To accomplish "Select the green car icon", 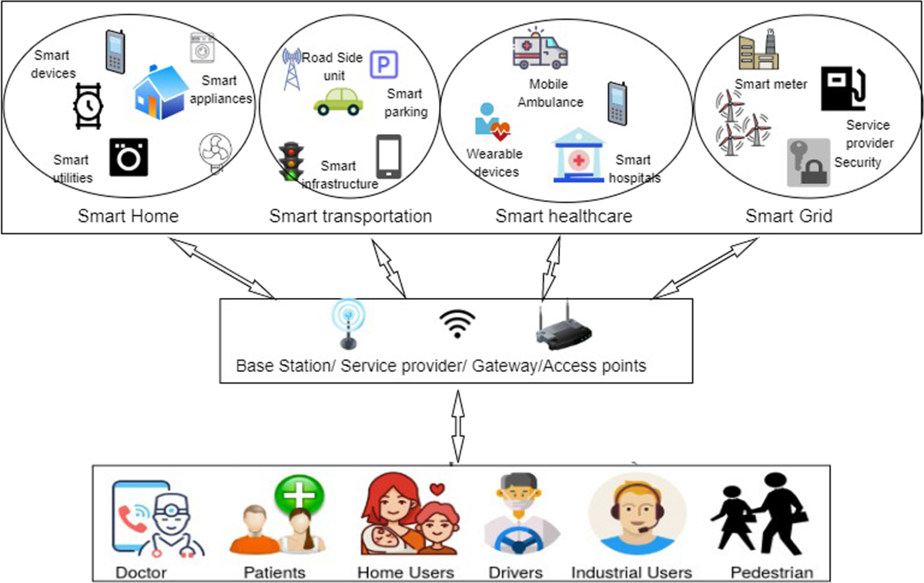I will (x=338, y=100).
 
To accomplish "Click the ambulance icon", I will (x=539, y=50).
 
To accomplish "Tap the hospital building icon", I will (x=580, y=156).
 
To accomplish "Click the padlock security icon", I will (x=808, y=163).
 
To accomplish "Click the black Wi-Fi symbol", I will (x=457, y=324).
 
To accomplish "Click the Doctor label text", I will (x=141, y=572).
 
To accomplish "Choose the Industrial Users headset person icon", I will (x=637, y=514).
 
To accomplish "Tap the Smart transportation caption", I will (x=350, y=216).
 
